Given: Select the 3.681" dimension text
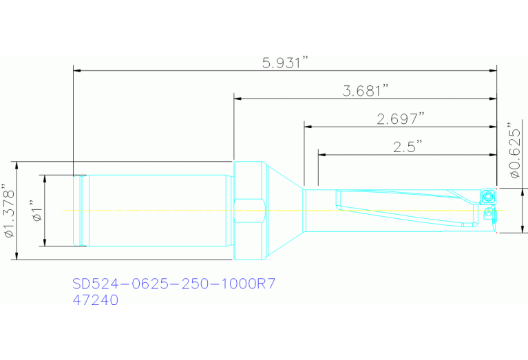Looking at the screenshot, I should coord(366,91).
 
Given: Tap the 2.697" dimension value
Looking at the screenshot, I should coord(400,119).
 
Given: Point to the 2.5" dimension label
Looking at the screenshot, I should coord(407,147).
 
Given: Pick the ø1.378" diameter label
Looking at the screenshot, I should coord(8,211).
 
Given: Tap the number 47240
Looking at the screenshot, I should coord(96,300).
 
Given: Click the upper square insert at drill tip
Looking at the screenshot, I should coord(487,195).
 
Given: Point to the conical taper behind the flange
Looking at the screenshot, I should coord(283,210).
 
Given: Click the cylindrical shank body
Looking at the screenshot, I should coord(158,210).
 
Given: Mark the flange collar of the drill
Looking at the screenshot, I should coord(249,210).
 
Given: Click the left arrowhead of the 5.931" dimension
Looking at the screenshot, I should coord(78,70).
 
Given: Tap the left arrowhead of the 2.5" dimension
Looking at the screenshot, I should coord(322,154).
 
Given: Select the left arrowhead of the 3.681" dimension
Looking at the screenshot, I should coord(238,98).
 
